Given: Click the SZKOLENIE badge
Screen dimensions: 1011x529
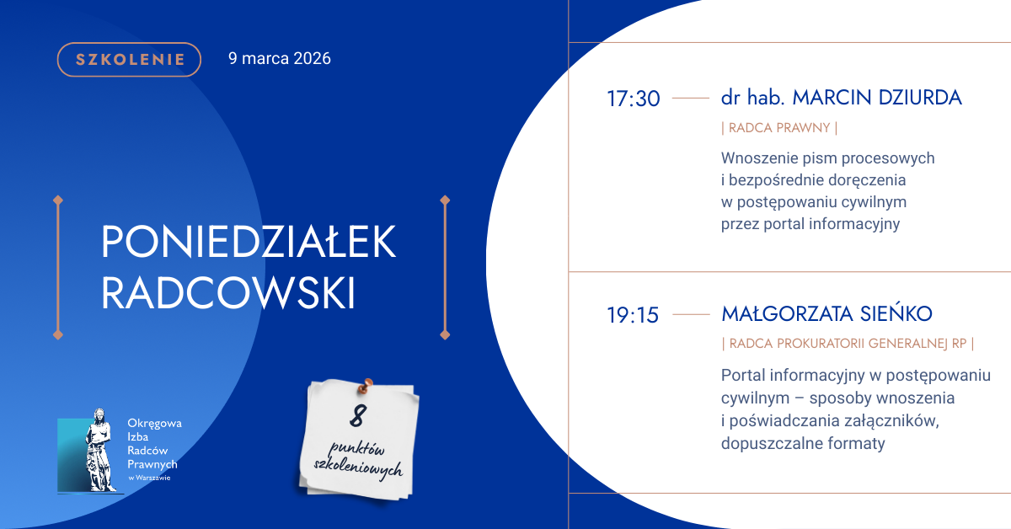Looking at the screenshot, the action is coord(129,60).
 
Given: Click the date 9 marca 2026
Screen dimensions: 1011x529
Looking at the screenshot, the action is coord(280,59).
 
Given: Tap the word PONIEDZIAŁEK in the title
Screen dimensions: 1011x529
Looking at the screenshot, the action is coord(249,242).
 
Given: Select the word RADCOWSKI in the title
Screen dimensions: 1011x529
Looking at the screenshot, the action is coord(228,293).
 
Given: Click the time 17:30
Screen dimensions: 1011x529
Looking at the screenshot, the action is coord(634,99).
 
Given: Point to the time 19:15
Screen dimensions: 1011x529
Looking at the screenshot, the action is coord(633,315).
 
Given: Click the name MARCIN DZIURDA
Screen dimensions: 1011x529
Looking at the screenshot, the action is coord(877,98).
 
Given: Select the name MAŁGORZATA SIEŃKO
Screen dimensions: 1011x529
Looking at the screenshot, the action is coord(826,313).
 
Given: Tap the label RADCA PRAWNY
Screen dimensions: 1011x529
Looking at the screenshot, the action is coord(779,128).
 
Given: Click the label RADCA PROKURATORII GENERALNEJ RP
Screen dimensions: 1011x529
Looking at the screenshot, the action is coord(848,344).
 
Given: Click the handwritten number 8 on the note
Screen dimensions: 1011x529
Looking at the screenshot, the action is coord(358,416).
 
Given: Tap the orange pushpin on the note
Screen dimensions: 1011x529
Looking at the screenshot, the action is coord(366,386).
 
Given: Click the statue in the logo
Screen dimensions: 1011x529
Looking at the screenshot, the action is coord(99,450).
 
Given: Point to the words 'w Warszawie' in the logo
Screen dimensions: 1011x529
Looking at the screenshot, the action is coord(149,478).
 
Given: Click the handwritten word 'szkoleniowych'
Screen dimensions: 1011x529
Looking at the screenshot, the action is coord(358,469).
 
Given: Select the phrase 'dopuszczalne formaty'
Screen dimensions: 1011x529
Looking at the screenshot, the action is coord(803,443).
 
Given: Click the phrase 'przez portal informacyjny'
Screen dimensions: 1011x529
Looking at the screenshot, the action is coord(810,224).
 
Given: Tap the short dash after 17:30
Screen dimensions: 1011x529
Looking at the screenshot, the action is coord(691,98).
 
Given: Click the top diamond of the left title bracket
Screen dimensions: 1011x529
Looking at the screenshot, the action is coord(58,200).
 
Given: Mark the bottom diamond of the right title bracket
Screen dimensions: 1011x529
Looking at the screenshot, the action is coord(445,335).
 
